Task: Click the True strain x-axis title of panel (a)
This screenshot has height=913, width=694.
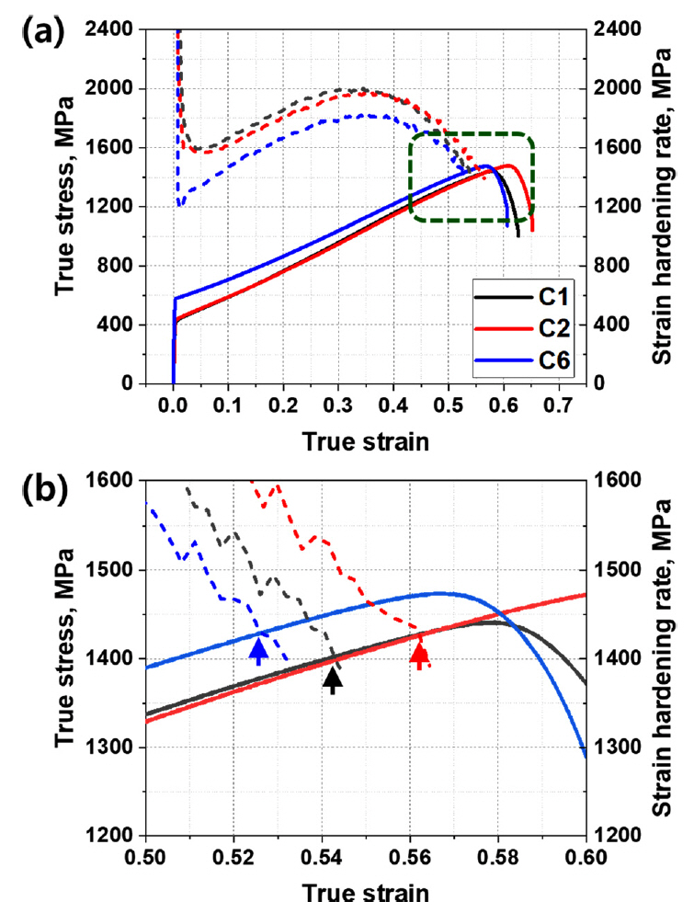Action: tap(365, 441)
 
